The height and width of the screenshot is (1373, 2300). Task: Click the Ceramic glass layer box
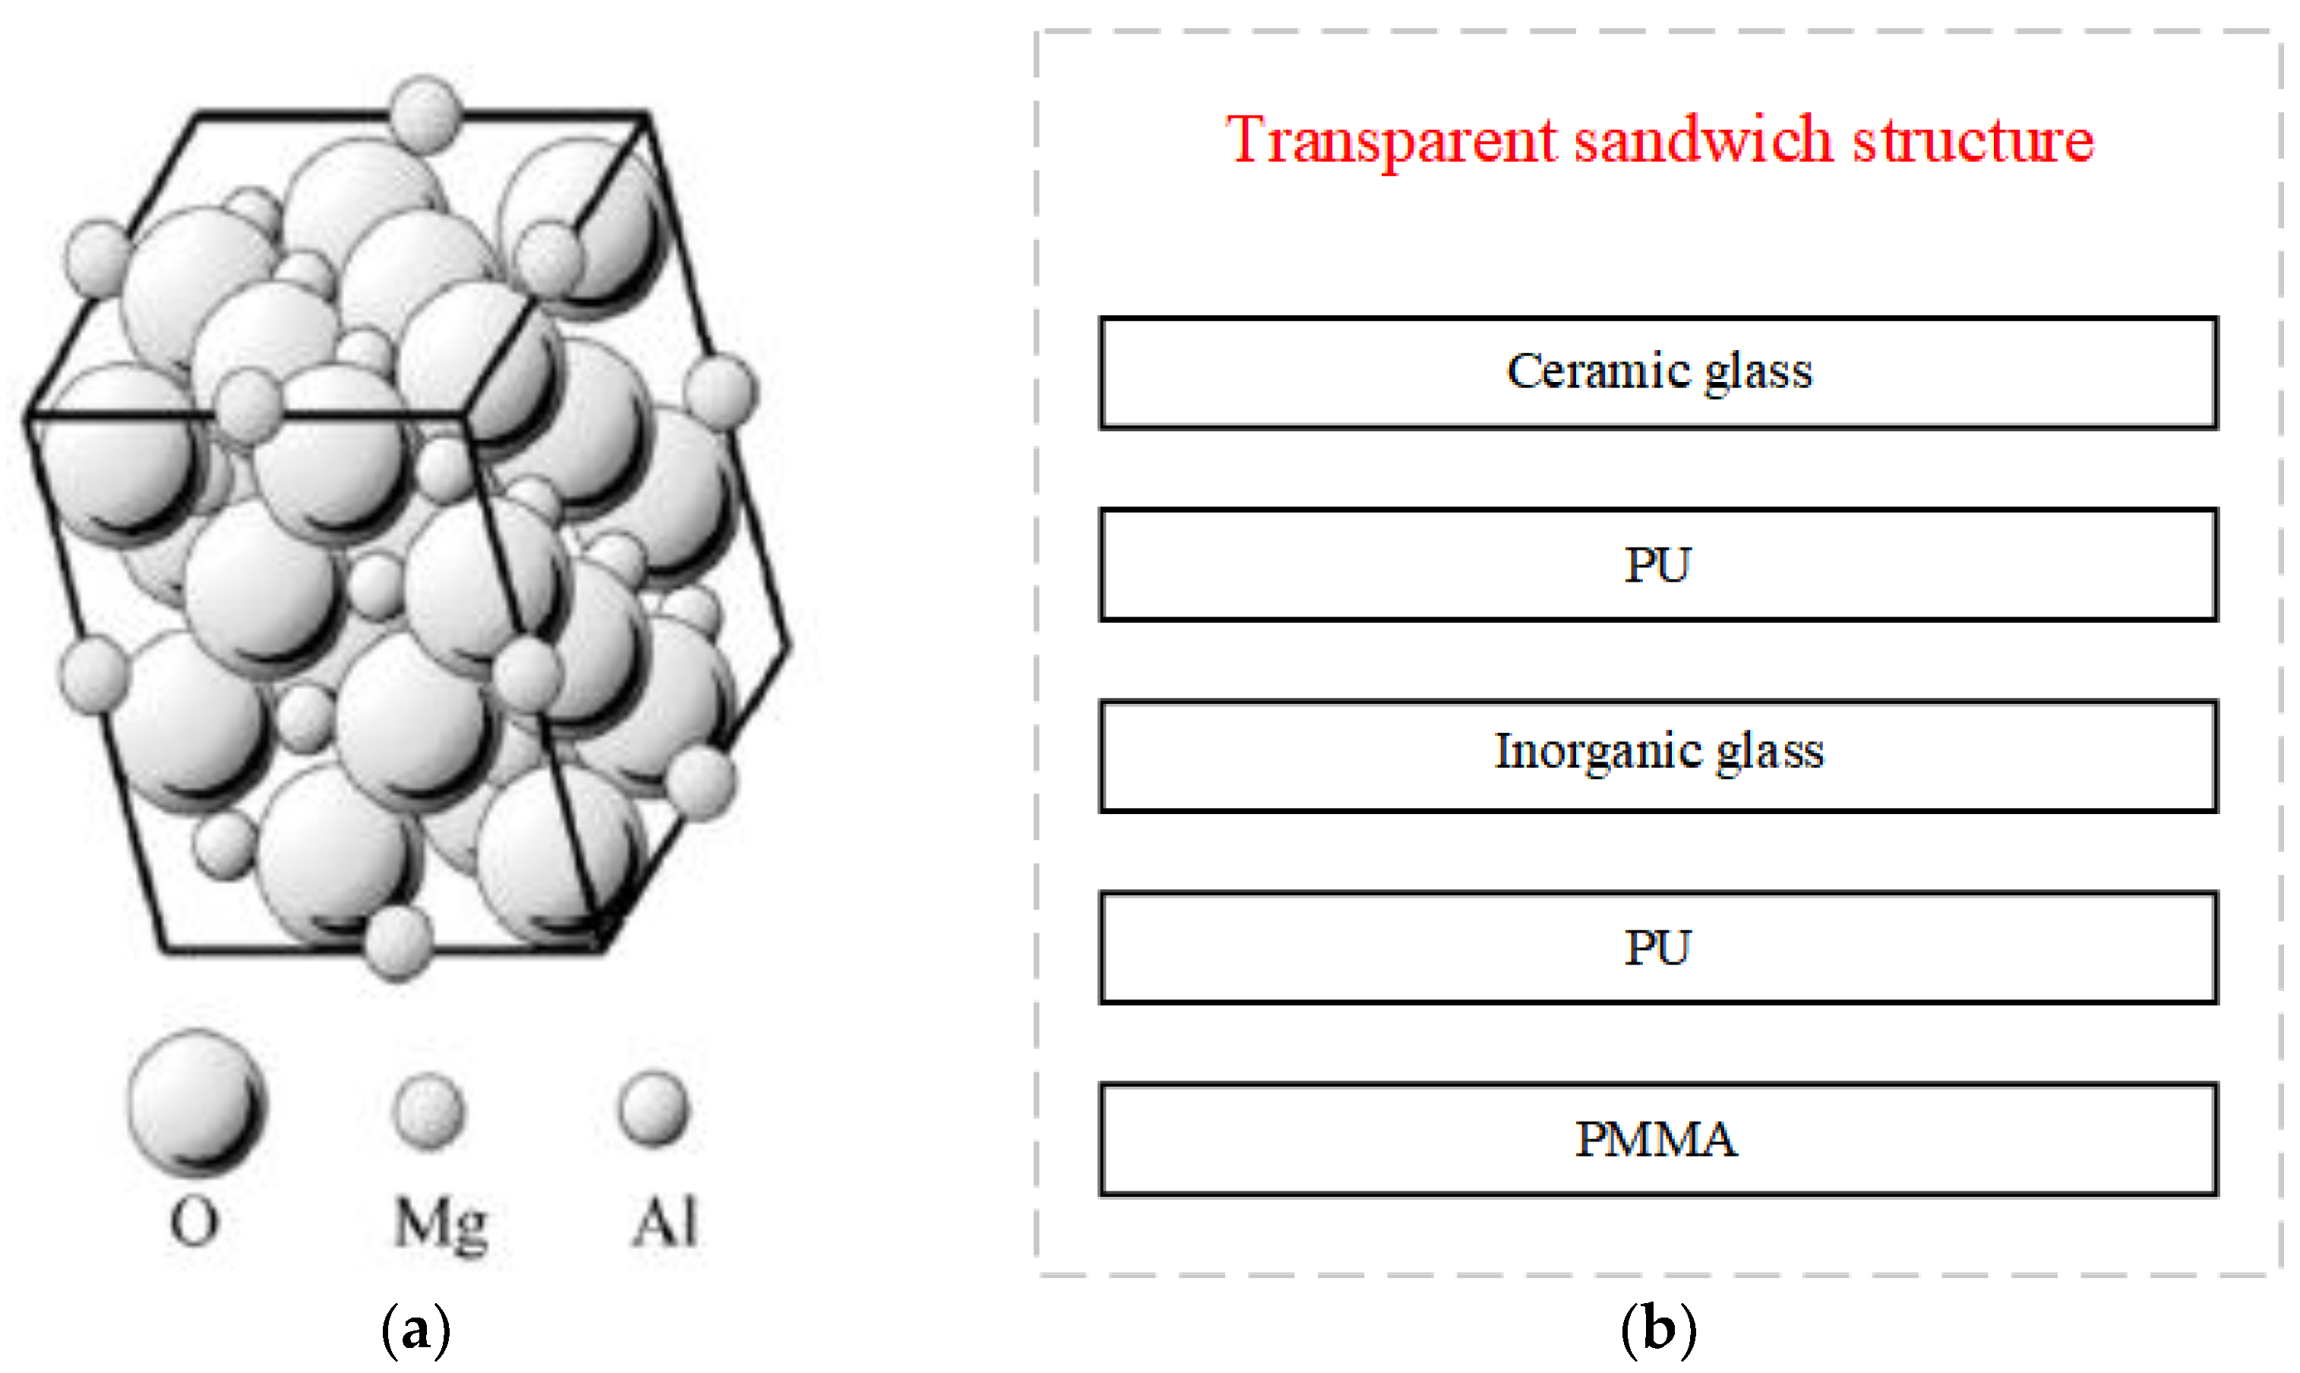[1658, 373]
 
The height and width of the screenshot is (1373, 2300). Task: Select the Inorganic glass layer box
[1658, 756]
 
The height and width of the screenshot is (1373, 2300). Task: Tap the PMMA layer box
[1658, 1139]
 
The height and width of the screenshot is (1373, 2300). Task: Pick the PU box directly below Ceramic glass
[1658, 564]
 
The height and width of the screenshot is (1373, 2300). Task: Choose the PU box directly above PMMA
[1658, 948]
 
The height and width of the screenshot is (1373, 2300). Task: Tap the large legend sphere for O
[196, 1101]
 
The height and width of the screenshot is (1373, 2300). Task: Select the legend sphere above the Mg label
[428, 1110]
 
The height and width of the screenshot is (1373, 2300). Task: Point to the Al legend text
[665, 1221]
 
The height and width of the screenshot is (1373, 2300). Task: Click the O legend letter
[194, 1221]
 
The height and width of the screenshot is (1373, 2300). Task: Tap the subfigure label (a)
[415, 1330]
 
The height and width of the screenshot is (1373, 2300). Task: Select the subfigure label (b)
[1658, 1330]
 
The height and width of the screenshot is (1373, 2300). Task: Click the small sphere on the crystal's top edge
[425, 115]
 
